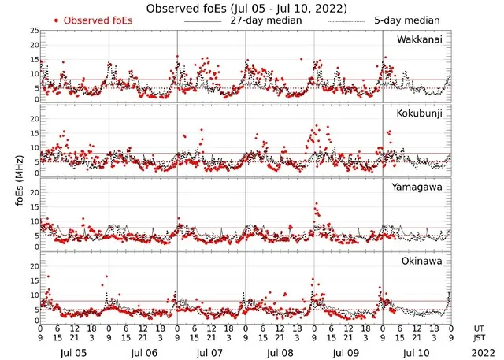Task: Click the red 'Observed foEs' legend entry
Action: [x=92, y=20]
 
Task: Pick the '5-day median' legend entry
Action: [x=407, y=20]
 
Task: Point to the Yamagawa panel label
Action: [x=421, y=187]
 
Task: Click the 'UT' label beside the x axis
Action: [x=480, y=328]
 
